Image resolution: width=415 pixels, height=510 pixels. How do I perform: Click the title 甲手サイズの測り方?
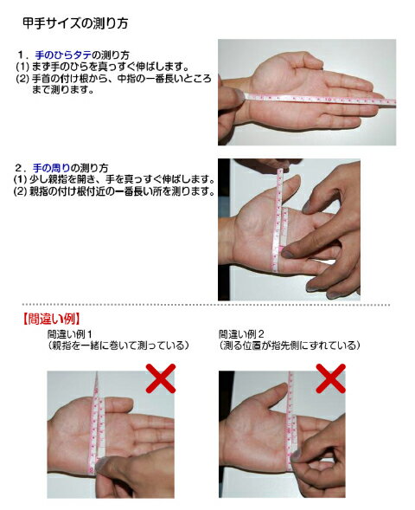(75, 23)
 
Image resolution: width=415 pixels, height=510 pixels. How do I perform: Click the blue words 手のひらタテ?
(63, 55)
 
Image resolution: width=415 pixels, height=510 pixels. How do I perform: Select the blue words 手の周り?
(51, 168)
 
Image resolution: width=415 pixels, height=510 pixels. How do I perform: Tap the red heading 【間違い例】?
(51, 320)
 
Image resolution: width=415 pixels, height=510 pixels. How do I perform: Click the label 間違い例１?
(70, 334)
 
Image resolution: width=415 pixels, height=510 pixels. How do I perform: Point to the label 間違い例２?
(241, 334)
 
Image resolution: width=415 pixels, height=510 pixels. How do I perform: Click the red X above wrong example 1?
(161, 378)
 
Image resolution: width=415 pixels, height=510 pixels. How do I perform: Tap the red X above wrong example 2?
(330, 378)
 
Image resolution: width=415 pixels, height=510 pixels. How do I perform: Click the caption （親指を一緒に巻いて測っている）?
(118, 345)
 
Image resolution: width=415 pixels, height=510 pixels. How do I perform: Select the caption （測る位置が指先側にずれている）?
(290, 345)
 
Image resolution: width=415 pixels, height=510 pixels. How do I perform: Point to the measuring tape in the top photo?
(320, 99)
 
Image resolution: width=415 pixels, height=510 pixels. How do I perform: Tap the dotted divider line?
(206, 305)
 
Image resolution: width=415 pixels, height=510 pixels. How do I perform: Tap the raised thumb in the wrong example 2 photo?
(272, 394)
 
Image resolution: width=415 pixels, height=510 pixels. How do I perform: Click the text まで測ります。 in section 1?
(62, 90)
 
